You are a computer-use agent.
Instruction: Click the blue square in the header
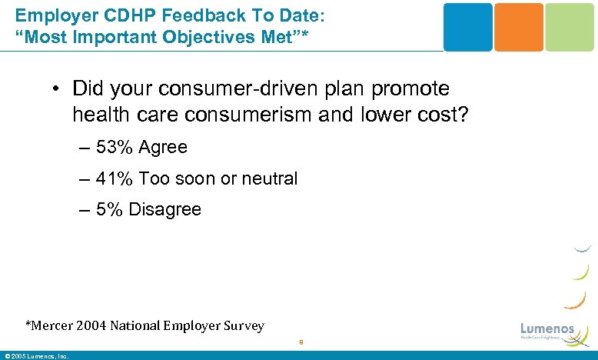coord(467,27)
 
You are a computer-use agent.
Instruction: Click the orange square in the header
coord(518,27)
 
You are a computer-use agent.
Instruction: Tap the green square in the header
coord(570,27)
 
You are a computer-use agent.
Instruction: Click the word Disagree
coord(165,209)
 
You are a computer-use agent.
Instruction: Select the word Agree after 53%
coord(163,147)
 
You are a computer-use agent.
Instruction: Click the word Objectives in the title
coord(173,36)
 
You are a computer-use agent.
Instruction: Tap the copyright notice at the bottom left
coord(36,355)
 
